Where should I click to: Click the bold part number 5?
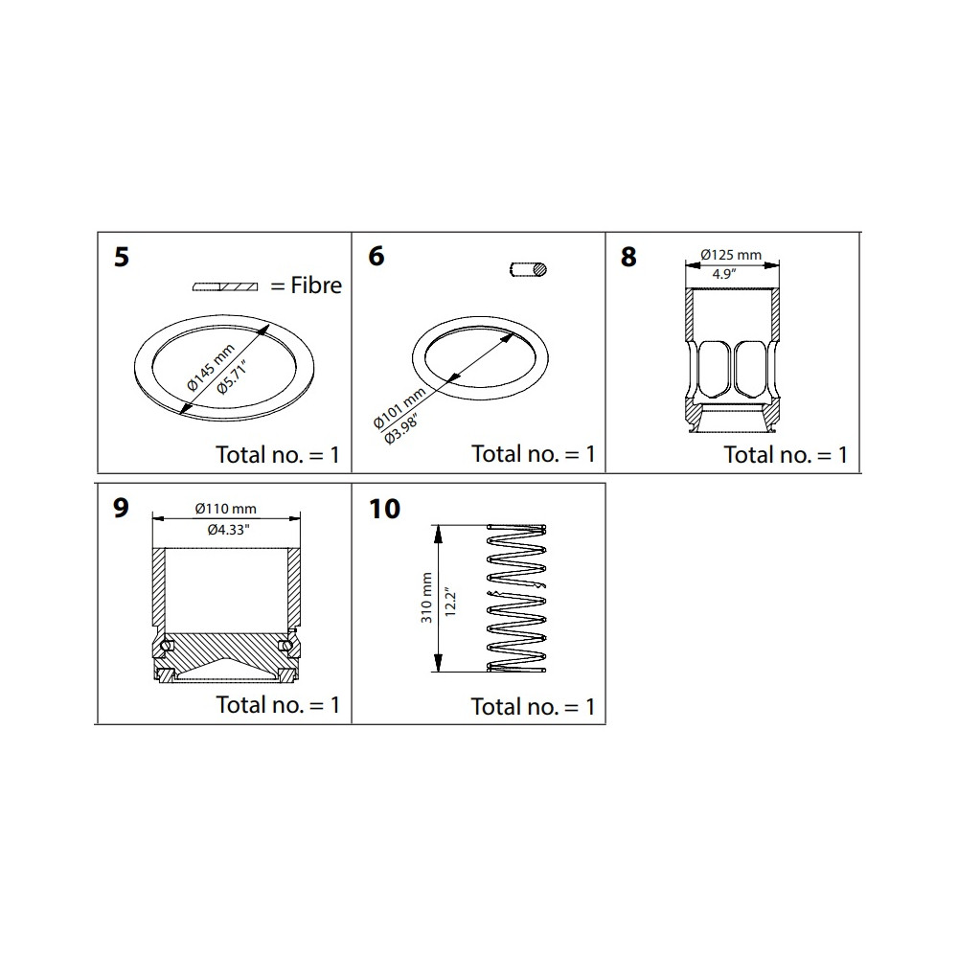pos(122,257)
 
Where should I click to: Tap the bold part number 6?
pos(376,256)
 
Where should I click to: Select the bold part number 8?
pos(628,257)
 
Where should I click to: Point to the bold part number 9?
pos(121,508)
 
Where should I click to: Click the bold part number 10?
pos(385,509)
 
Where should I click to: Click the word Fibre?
pos(316,285)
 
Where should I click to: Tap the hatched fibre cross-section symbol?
pos(225,286)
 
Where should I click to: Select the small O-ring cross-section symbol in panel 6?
pos(528,269)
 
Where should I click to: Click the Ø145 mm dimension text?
pos(211,367)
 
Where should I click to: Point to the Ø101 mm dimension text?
pos(399,407)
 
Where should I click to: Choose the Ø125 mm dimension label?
pos(731,255)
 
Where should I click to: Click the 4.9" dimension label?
pos(722,274)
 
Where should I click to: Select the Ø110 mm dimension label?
pos(225,509)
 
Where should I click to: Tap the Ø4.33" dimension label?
pos(229,530)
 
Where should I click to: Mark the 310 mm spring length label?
pos(426,598)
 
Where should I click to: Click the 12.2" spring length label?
pos(451,602)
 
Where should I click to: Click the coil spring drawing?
pos(516,598)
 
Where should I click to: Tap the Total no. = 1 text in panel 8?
pos(786,454)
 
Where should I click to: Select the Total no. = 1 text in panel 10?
pos(533,707)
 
